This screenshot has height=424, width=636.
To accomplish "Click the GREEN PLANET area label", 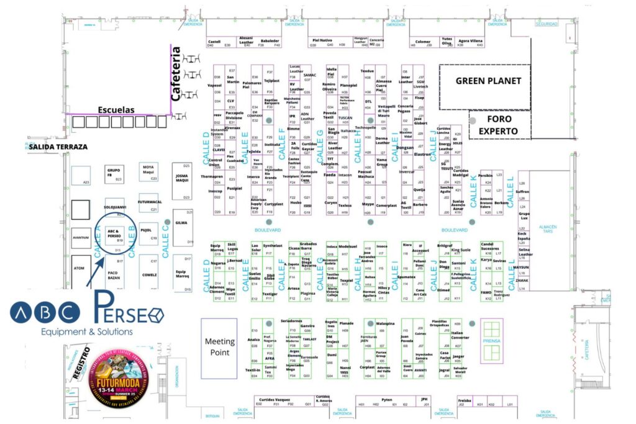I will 488,81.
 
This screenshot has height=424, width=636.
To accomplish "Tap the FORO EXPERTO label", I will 502,124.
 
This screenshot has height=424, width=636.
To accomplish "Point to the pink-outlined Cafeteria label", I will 176,74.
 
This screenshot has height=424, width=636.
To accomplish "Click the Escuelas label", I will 116,110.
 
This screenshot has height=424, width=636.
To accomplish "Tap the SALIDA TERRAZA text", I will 57,147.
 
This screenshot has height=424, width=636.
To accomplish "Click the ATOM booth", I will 79,269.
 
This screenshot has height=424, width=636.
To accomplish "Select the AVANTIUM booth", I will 81,238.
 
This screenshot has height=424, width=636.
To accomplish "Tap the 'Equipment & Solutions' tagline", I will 78,332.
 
